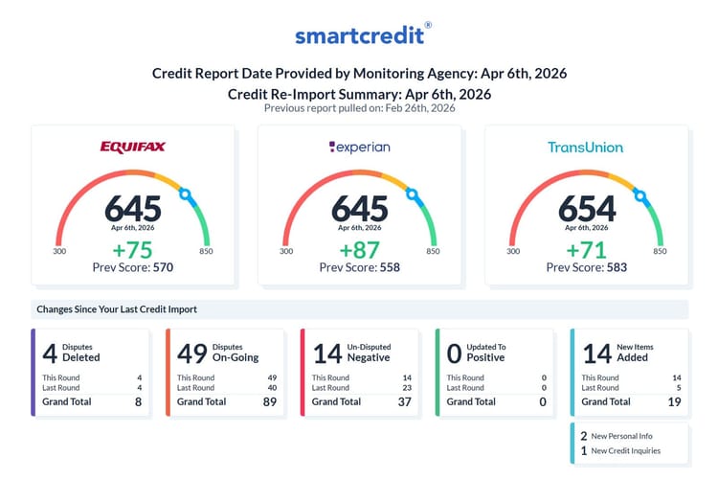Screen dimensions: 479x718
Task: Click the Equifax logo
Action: (133, 147)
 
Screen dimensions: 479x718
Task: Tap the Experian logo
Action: (359, 147)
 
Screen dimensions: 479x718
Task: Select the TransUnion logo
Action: (585, 147)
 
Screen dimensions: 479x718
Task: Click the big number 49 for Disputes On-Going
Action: (191, 353)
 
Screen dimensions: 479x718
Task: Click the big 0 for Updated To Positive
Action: (454, 353)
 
